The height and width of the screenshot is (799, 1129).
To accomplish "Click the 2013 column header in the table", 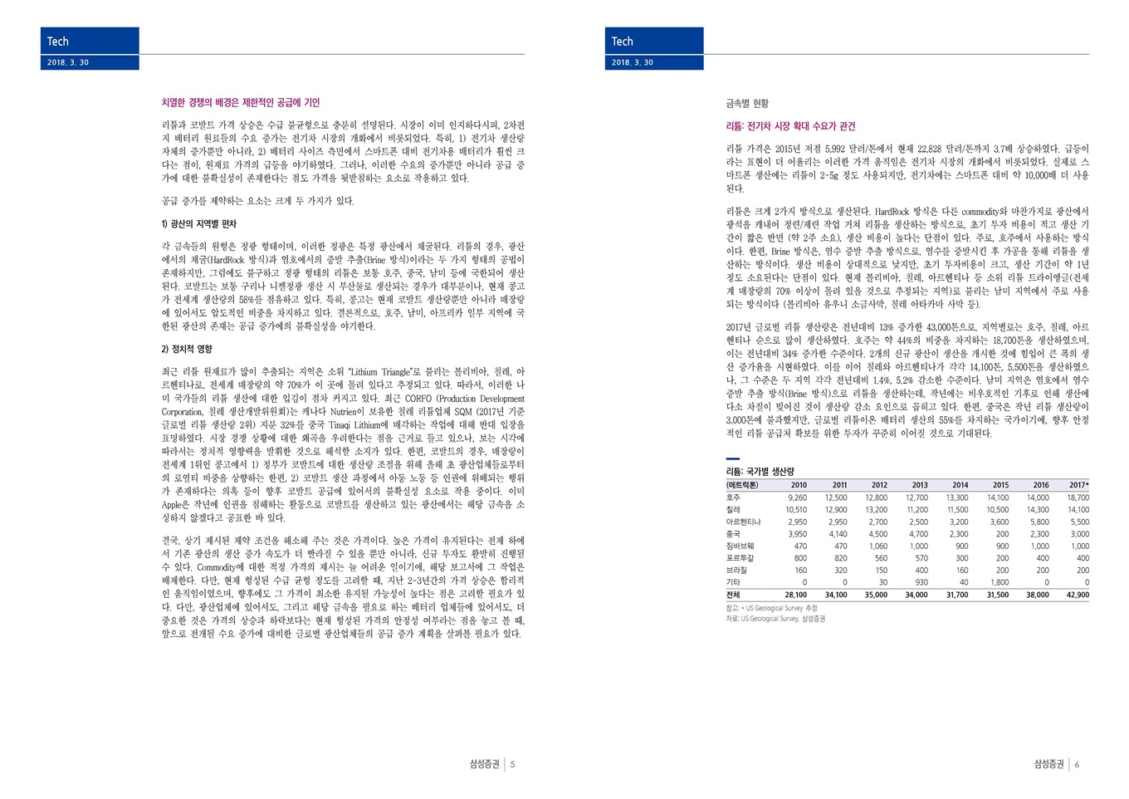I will (x=919, y=485).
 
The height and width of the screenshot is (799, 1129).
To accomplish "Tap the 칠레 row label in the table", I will (x=733, y=510).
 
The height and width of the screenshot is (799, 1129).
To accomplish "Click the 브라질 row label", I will (x=736, y=571).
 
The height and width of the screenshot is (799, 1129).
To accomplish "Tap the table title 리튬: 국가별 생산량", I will (x=760, y=471).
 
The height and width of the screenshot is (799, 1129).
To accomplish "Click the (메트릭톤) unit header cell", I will (x=742, y=485).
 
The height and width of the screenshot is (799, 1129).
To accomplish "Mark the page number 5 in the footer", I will (x=513, y=764).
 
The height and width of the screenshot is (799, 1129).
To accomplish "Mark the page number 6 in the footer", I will (x=1077, y=764).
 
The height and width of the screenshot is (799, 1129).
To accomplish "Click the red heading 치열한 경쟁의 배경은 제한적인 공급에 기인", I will (x=240, y=103).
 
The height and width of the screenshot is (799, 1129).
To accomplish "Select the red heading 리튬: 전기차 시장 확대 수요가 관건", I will (x=790, y=126).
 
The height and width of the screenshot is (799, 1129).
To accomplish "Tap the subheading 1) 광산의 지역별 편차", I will (x=198, y=224).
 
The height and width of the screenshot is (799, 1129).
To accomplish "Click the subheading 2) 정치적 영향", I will (x=187, y=349).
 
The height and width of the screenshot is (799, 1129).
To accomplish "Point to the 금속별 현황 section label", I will (x=747, y=104).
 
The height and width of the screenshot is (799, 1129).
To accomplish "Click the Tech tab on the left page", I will (x=58, y=42).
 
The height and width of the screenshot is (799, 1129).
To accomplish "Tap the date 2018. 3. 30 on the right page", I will (x=633, y=62).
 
